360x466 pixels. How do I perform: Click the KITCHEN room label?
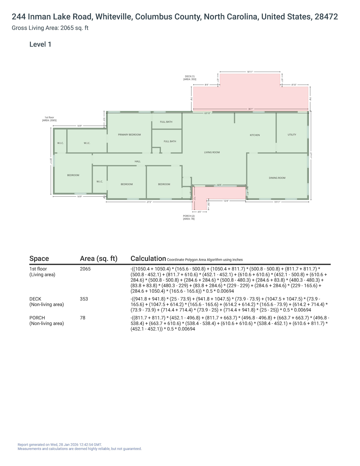[254, 135]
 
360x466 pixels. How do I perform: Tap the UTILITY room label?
[292, 135]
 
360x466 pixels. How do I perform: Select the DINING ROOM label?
[277, 178]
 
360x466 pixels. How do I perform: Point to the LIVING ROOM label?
[212, 152]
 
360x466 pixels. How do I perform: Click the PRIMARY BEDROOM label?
[129, 135]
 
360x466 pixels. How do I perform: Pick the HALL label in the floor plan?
[137, 161]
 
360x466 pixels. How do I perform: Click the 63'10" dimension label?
[207, 113]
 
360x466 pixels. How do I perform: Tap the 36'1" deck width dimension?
[251, 109]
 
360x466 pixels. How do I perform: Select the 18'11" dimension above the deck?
[250, 72]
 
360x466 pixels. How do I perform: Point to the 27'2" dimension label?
[149, 202]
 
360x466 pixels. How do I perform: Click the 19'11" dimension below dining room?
[277, 202]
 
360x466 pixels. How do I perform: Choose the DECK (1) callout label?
[190, 78]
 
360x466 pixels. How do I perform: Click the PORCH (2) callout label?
[189, 217]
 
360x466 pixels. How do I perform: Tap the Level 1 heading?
[40, 44]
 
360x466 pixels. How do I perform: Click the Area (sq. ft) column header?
[99, 258]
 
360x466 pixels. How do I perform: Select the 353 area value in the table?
[84, 299]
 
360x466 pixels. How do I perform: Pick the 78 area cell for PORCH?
[82, 318]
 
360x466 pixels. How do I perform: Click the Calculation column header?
[148, 258]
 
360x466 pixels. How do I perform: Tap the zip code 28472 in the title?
[326, 17]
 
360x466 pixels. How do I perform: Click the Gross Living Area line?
[50, 28]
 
